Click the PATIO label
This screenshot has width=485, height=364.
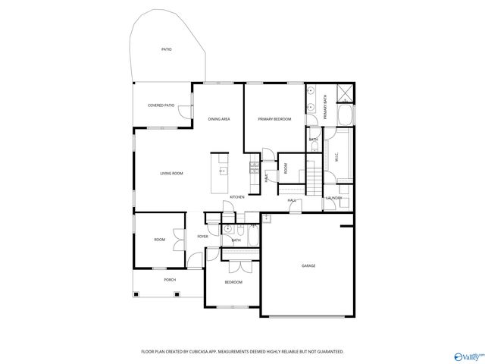point(166,49)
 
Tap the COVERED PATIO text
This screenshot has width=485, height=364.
point(161,105)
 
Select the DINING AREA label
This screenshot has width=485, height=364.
point(219,119)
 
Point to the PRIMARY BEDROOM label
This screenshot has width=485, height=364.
point(274,119)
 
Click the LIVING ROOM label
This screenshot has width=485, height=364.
point(171,174)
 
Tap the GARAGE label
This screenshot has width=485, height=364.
point(308,265)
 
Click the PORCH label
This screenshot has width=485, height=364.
point(170,280)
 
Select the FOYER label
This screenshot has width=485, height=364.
point(203,237)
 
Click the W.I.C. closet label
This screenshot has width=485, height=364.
point(336,158)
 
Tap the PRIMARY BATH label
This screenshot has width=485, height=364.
point(325,111)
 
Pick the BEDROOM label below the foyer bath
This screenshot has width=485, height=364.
point(233,282)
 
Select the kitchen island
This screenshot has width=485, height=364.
point(221,171)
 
